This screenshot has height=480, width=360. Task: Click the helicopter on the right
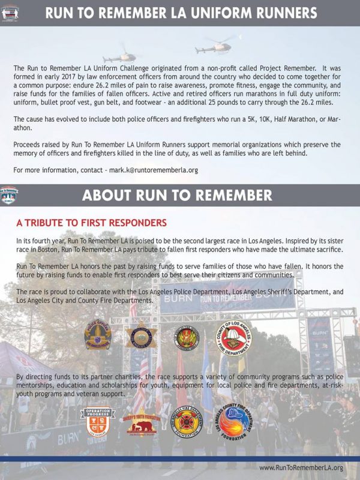[217, 46]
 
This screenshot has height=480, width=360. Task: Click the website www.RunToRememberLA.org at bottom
[301, 467]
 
